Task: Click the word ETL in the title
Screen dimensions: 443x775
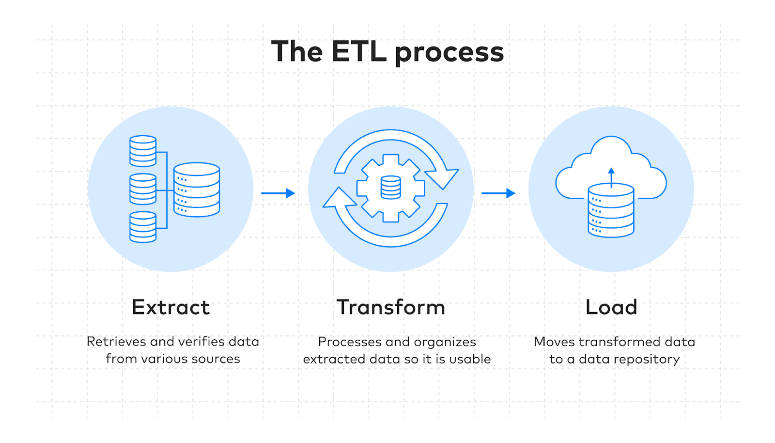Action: (359, 51)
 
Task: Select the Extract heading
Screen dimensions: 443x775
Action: (170, 307)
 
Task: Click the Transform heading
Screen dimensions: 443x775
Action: (391, 307)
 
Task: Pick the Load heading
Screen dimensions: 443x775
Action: (611, 307)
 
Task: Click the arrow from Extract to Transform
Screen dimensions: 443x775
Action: (278, 193)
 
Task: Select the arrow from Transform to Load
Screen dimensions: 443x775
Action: (498, 193)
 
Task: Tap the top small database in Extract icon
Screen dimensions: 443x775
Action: (143, 151)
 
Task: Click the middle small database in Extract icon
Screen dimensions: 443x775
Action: (143, 189)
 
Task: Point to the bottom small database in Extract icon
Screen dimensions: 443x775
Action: (143, 227)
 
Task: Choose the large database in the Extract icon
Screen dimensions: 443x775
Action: (197, 190)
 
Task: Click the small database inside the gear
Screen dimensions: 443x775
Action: (390, 187)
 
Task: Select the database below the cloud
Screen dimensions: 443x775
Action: (611, 211)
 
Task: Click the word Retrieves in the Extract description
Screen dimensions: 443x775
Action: (116, 342)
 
